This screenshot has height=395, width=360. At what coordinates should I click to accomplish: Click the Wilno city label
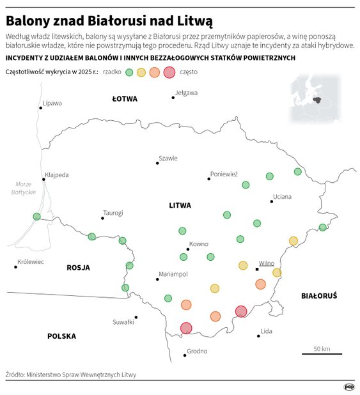(266, 263)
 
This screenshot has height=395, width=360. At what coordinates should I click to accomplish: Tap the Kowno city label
(199, 244)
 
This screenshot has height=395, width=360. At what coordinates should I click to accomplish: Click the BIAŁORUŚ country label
(318, 295)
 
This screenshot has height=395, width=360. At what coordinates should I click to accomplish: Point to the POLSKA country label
(61, 336)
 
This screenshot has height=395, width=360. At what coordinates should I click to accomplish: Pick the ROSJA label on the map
(78, 267)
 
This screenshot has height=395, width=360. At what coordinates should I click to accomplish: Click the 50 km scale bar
(322, 353)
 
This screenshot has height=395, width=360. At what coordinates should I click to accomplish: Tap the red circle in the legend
(169, 72)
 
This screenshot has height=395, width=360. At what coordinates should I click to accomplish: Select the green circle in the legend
(129, 72)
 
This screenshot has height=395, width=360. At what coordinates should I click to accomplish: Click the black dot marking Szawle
(157, 164)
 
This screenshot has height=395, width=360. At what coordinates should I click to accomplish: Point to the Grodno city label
(197, 351)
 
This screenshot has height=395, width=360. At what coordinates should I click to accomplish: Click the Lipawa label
(52, 103)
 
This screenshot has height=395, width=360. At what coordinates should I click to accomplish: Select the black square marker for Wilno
(257, 269)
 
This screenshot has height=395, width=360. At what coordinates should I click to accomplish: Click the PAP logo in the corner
(349, 386)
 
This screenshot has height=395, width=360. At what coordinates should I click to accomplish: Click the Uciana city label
(282, 196)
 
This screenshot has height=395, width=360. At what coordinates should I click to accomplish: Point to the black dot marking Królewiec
(15, 267)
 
